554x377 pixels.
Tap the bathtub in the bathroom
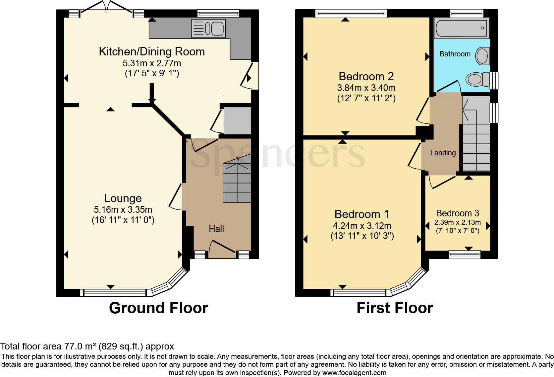coord(462,28)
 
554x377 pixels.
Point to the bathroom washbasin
coord(482,56)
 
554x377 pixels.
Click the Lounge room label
coord(123,198)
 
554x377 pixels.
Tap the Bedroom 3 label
coord(458,213)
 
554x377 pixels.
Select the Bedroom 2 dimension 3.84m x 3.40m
coord(366,88)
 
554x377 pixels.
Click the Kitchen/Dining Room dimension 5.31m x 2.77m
coord(152,63)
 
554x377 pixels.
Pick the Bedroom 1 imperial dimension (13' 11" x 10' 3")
coord(362,236)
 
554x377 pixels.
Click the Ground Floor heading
coord(158,308)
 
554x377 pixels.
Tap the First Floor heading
coord(395,308)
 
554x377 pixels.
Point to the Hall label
coord(216,229)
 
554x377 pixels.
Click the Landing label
coord(443,153)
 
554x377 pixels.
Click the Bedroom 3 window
coord(465,255)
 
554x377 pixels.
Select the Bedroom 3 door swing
coord(443,182)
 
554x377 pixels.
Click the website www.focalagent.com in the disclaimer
coord(354,373)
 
